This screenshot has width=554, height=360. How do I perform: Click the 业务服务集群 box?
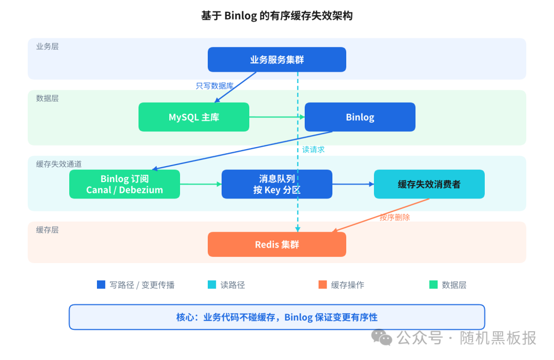276,59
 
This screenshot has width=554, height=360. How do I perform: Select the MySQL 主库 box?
193,117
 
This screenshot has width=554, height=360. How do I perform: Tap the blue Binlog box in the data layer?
360,117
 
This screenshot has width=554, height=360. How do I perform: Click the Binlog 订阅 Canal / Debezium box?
125,184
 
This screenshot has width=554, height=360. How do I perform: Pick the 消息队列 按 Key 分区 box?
276,184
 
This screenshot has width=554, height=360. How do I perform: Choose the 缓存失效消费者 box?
429,184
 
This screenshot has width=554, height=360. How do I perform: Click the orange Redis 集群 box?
276,244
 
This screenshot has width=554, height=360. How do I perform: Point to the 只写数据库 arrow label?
214,86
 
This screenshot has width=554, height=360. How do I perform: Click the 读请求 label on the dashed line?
313,150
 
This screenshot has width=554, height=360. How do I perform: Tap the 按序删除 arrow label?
394,217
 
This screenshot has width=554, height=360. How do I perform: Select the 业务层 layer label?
47,46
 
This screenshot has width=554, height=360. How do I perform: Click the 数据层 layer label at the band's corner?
47,98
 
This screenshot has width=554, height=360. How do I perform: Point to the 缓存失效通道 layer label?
58,164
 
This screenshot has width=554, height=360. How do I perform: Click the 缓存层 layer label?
47,230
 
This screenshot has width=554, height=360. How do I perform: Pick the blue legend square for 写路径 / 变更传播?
101,285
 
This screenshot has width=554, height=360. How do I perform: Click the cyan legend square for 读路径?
212,285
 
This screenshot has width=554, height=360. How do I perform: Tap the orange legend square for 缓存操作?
322,285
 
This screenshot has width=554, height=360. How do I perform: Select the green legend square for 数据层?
433,285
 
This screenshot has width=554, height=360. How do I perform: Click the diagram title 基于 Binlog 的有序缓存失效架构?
276,16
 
